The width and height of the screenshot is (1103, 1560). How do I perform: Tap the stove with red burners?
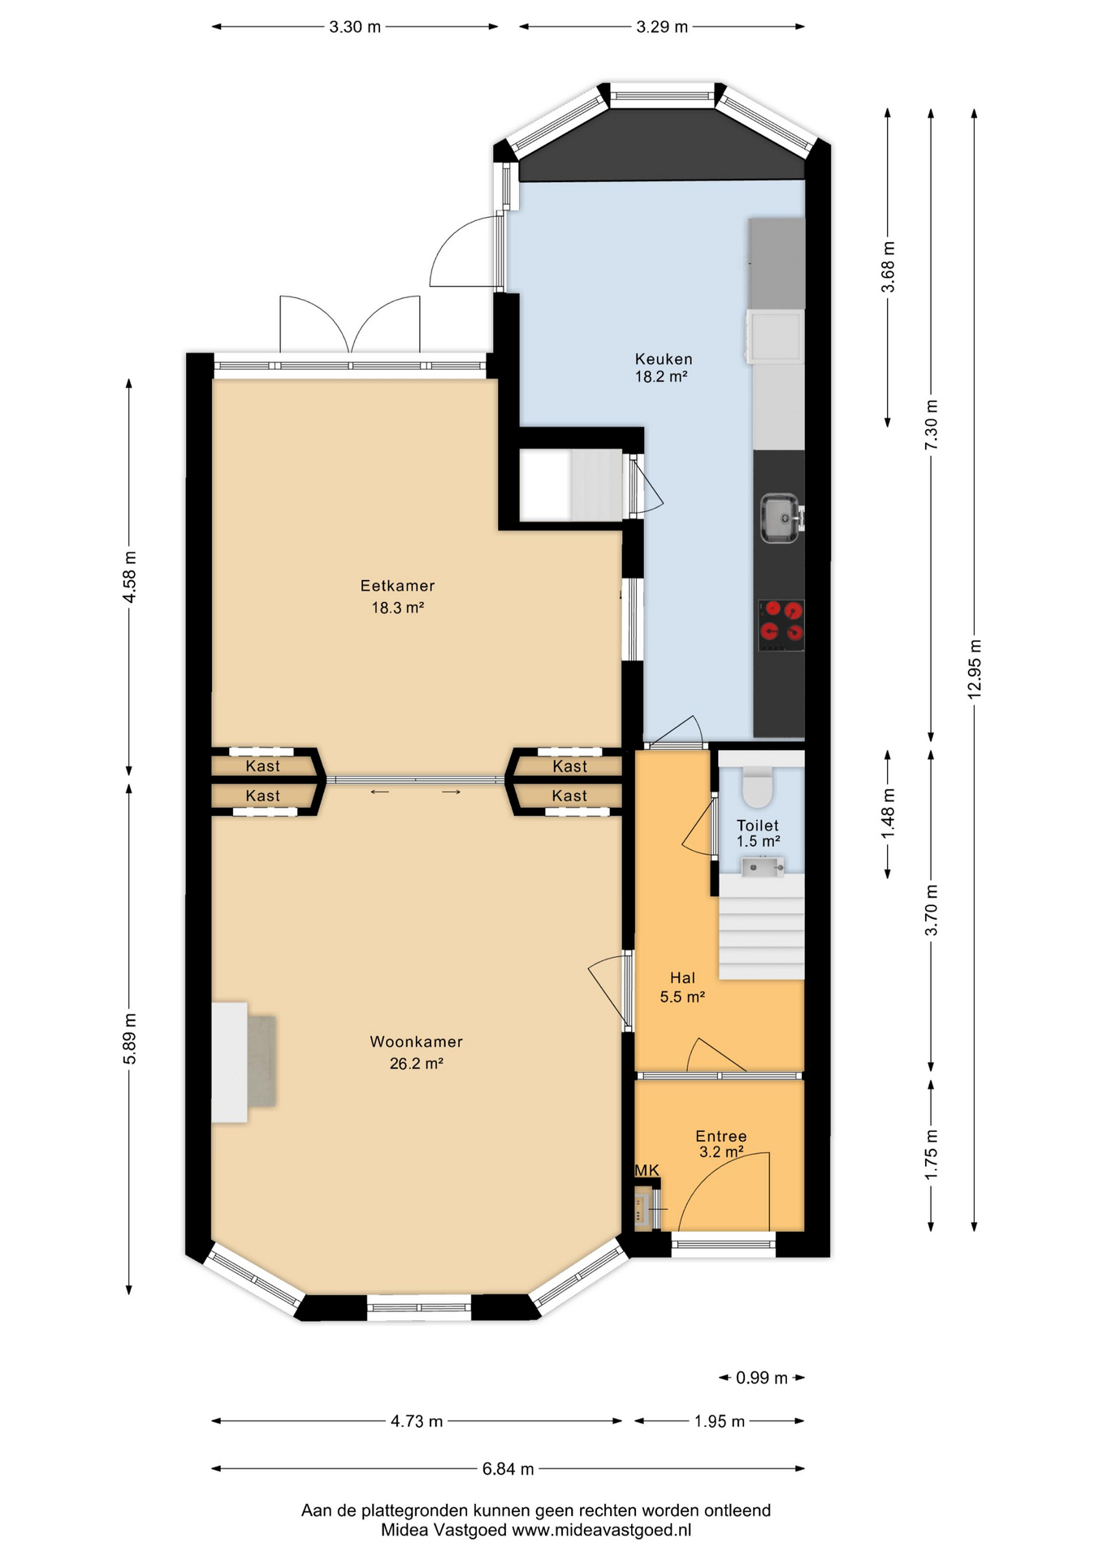tap(781, 625)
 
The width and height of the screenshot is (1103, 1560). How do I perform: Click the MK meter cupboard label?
tap(647, 1170)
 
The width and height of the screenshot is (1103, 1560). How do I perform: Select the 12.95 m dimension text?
tap(975, 669)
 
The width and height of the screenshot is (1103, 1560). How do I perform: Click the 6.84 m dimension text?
tap(508, 1469)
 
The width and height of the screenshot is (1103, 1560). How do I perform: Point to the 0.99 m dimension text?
tap(762, 1378)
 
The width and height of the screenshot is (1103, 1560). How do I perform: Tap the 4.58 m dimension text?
tap(129, 577)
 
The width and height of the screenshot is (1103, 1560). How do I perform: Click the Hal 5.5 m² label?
tap(682, 987)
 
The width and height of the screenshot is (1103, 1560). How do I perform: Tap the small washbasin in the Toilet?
tap(762, 867)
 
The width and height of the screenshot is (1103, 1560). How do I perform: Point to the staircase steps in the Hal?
tap(762, 927)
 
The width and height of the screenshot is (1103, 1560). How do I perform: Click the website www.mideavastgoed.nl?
tap(601, 1530)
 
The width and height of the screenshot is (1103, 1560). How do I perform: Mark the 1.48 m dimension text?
tap(889, 813)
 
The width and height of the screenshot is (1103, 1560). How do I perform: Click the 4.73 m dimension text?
tap(417, 1421)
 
